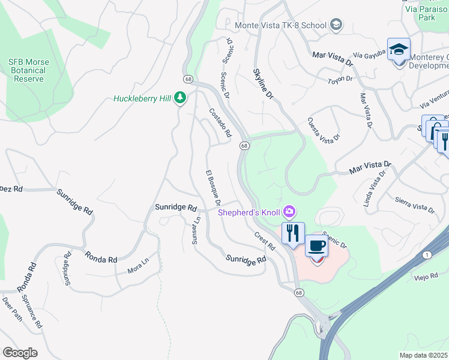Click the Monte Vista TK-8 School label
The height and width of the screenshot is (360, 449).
tap(280, 25)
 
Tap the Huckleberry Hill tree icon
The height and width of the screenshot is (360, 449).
tap(180, 98)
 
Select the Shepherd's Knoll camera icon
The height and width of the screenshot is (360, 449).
tap(290, 211)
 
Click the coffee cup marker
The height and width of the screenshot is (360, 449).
tap(316, 247)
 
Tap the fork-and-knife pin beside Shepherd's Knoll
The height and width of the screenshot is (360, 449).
tap(293, 233)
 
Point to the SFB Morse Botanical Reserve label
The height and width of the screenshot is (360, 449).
tap(29, 70)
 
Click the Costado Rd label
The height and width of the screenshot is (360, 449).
tap(220, 123)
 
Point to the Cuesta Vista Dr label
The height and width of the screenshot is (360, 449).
tap(324, 128)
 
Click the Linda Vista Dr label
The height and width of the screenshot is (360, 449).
tap(375, 188)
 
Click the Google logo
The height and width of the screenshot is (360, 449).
tap(20, 353)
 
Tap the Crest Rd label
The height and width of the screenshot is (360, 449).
tap(264, 241)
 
